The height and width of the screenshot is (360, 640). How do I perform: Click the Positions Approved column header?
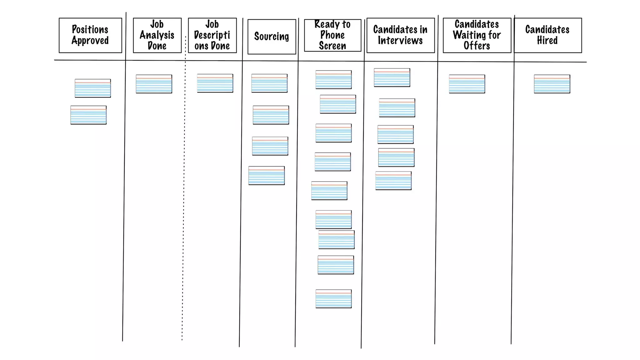(90, 35)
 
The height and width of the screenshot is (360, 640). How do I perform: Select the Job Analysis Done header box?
(157, 35)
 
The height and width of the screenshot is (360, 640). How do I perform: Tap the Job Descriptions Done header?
(212, 35)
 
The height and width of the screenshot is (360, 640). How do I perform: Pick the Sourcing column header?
(272, 37)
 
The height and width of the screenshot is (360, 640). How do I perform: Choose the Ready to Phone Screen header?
(332, 35)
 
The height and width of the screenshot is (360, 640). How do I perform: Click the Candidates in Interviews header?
(400, 35)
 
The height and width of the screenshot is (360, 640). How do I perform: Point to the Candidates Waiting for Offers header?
(477, 35)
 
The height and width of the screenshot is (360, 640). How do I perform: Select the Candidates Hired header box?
(547, 35)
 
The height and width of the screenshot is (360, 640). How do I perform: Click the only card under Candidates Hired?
(552, 84)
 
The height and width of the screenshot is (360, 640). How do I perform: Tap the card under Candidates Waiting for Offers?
(467, 84)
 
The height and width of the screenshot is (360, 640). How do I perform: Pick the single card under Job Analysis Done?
(154, 84)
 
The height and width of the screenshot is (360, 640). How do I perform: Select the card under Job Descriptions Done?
(215, 83)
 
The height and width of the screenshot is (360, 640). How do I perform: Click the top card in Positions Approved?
(92, 88)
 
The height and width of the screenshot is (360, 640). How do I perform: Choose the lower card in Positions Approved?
(88, 115)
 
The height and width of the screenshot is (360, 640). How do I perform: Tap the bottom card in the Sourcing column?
(267, 176)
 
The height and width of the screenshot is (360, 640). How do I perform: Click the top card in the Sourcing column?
(269, 83)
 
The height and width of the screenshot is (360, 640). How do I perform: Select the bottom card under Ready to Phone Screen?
(333, 299)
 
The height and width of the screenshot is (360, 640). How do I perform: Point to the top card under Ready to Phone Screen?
(333, 80)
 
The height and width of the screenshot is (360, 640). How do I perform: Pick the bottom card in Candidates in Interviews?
(393, 181)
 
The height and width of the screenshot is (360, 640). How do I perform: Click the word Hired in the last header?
(547, 41)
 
